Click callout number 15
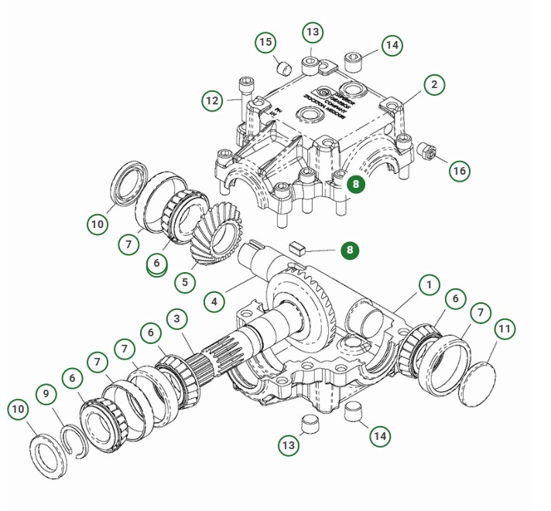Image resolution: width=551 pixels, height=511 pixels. coord(265,42)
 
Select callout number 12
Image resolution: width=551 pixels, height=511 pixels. coord(212,100)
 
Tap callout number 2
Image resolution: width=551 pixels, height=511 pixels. coord(434,84)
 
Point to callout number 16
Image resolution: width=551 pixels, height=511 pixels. coord(460,171)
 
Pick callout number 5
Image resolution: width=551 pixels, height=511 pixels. coord(184,282)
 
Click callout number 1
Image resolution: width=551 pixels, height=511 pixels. coord(429,284)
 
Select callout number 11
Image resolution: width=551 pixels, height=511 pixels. coord(505,329)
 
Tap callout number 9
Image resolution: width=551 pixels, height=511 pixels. coord(46,393)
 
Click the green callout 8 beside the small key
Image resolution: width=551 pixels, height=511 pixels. coord(350,250)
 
